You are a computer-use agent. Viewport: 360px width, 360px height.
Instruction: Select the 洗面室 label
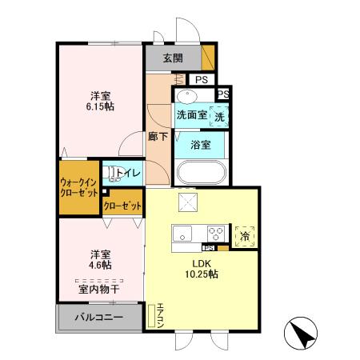[191, 115]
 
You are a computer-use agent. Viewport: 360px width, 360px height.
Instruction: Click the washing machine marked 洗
[218, 116]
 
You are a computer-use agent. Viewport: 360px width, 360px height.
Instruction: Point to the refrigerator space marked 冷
[246, 235]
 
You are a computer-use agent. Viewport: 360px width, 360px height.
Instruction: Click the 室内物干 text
[98, 290]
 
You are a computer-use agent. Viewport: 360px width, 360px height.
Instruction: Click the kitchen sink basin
[182, 235]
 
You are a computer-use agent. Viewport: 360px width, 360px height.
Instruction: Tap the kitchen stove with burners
[214, 235]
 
